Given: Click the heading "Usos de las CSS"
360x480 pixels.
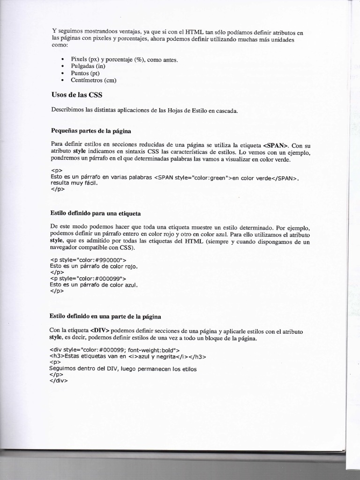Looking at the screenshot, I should [77, 95].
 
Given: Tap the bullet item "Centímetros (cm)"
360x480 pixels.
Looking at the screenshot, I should [93, 80].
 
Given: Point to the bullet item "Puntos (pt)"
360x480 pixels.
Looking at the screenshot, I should [85, 74].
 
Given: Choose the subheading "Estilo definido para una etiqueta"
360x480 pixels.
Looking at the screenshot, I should [95, 213].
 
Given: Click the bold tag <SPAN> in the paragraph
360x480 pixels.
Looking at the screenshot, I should [277, 145].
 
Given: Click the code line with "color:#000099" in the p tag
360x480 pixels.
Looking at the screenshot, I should [88, 278].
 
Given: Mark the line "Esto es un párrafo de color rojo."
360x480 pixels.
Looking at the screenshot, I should [93, 266].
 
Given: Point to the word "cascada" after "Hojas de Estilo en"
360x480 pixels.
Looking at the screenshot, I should [226, 111].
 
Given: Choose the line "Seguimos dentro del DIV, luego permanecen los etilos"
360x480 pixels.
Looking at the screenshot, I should [123, 368].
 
